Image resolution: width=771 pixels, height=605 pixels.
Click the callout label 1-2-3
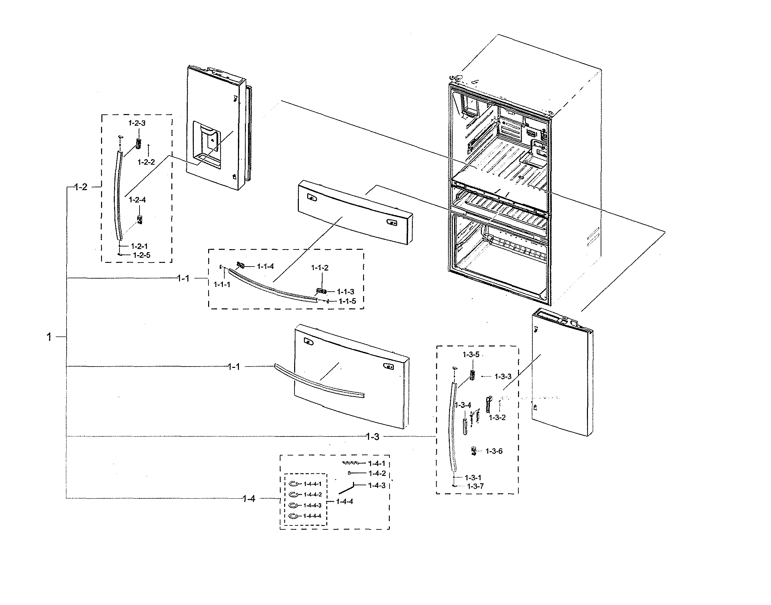[x=137, y=123]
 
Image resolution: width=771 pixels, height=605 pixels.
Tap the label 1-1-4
[x=265, y=266]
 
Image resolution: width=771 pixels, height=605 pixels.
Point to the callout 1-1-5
[x=347, y=301]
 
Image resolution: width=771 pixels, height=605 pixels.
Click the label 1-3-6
[x=494, y=451]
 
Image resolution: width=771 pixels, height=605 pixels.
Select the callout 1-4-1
[x=377, y=463]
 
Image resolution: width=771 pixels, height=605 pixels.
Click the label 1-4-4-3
[x=313, y=505]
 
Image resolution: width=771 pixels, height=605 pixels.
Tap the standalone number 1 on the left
[x=49, y=337]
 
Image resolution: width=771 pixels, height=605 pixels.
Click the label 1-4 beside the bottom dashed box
[x=249, y=499]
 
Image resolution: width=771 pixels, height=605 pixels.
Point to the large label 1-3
[x=372, y=437]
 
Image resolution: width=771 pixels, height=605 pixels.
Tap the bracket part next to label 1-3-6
[x=474, y=451]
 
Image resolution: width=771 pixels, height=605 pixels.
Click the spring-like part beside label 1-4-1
[x=351, y=463]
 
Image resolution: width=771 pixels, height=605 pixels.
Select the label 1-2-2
[x=146, y=162]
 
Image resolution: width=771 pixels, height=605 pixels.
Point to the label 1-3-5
[x=471, y=355]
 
